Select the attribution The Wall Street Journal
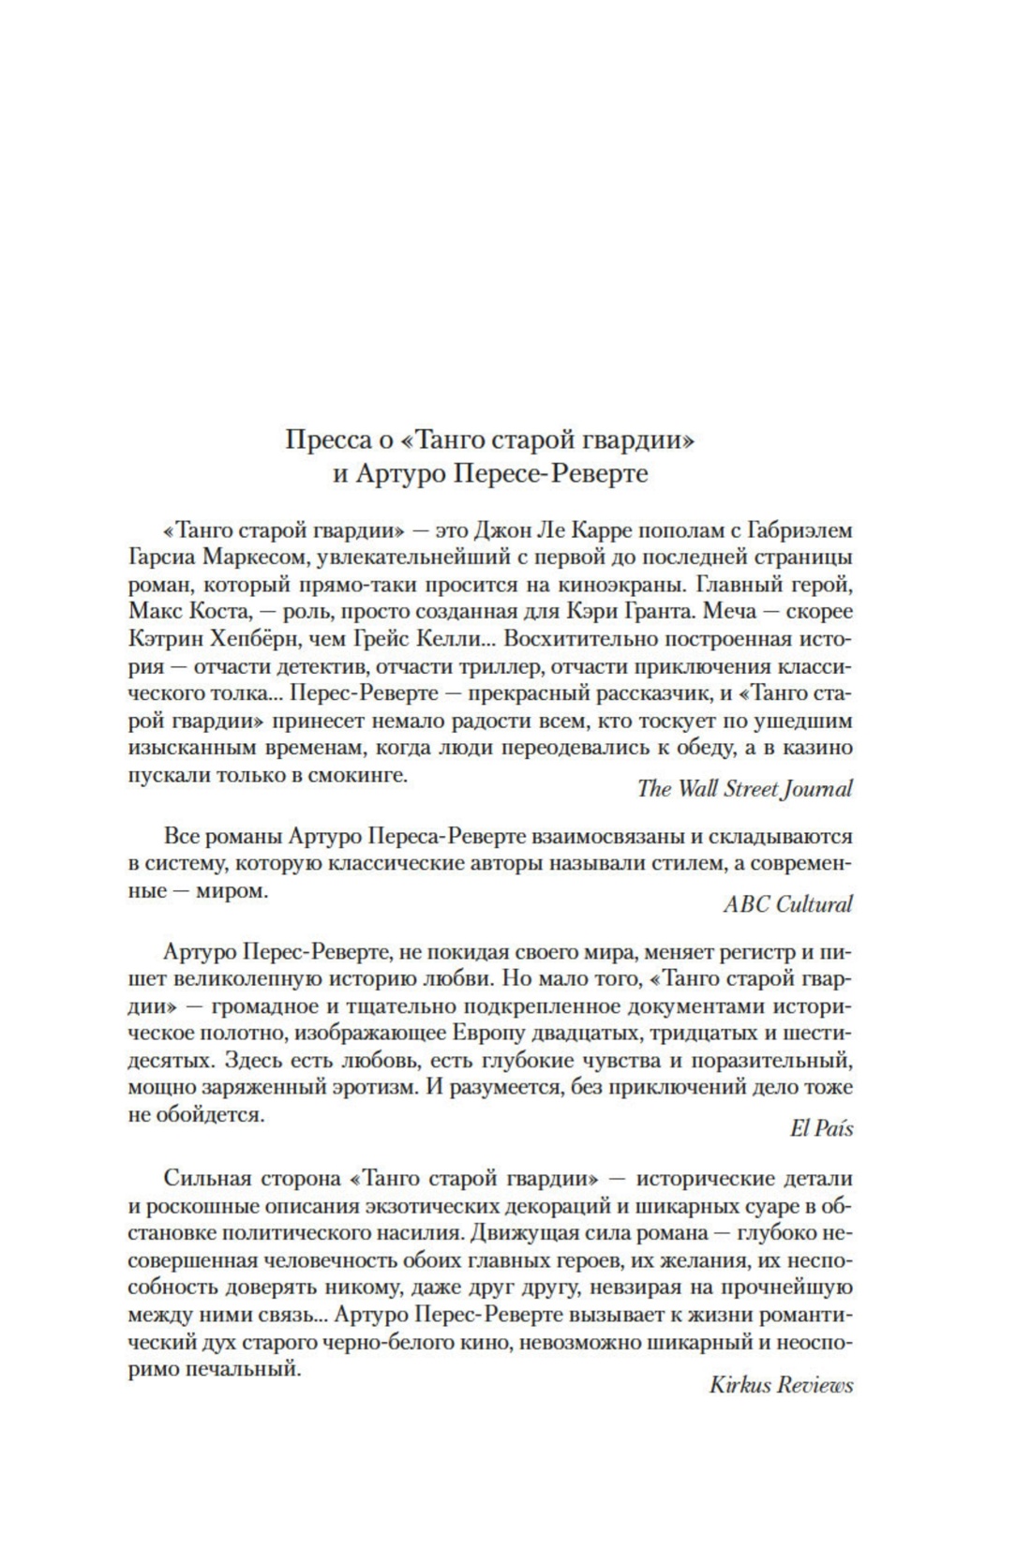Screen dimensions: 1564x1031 [x=744, y=788]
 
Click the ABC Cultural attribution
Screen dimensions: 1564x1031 [x=787, y=903]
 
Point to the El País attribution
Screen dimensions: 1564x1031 [x=821, y=1128]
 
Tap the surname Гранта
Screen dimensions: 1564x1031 [x=697, y=613]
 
